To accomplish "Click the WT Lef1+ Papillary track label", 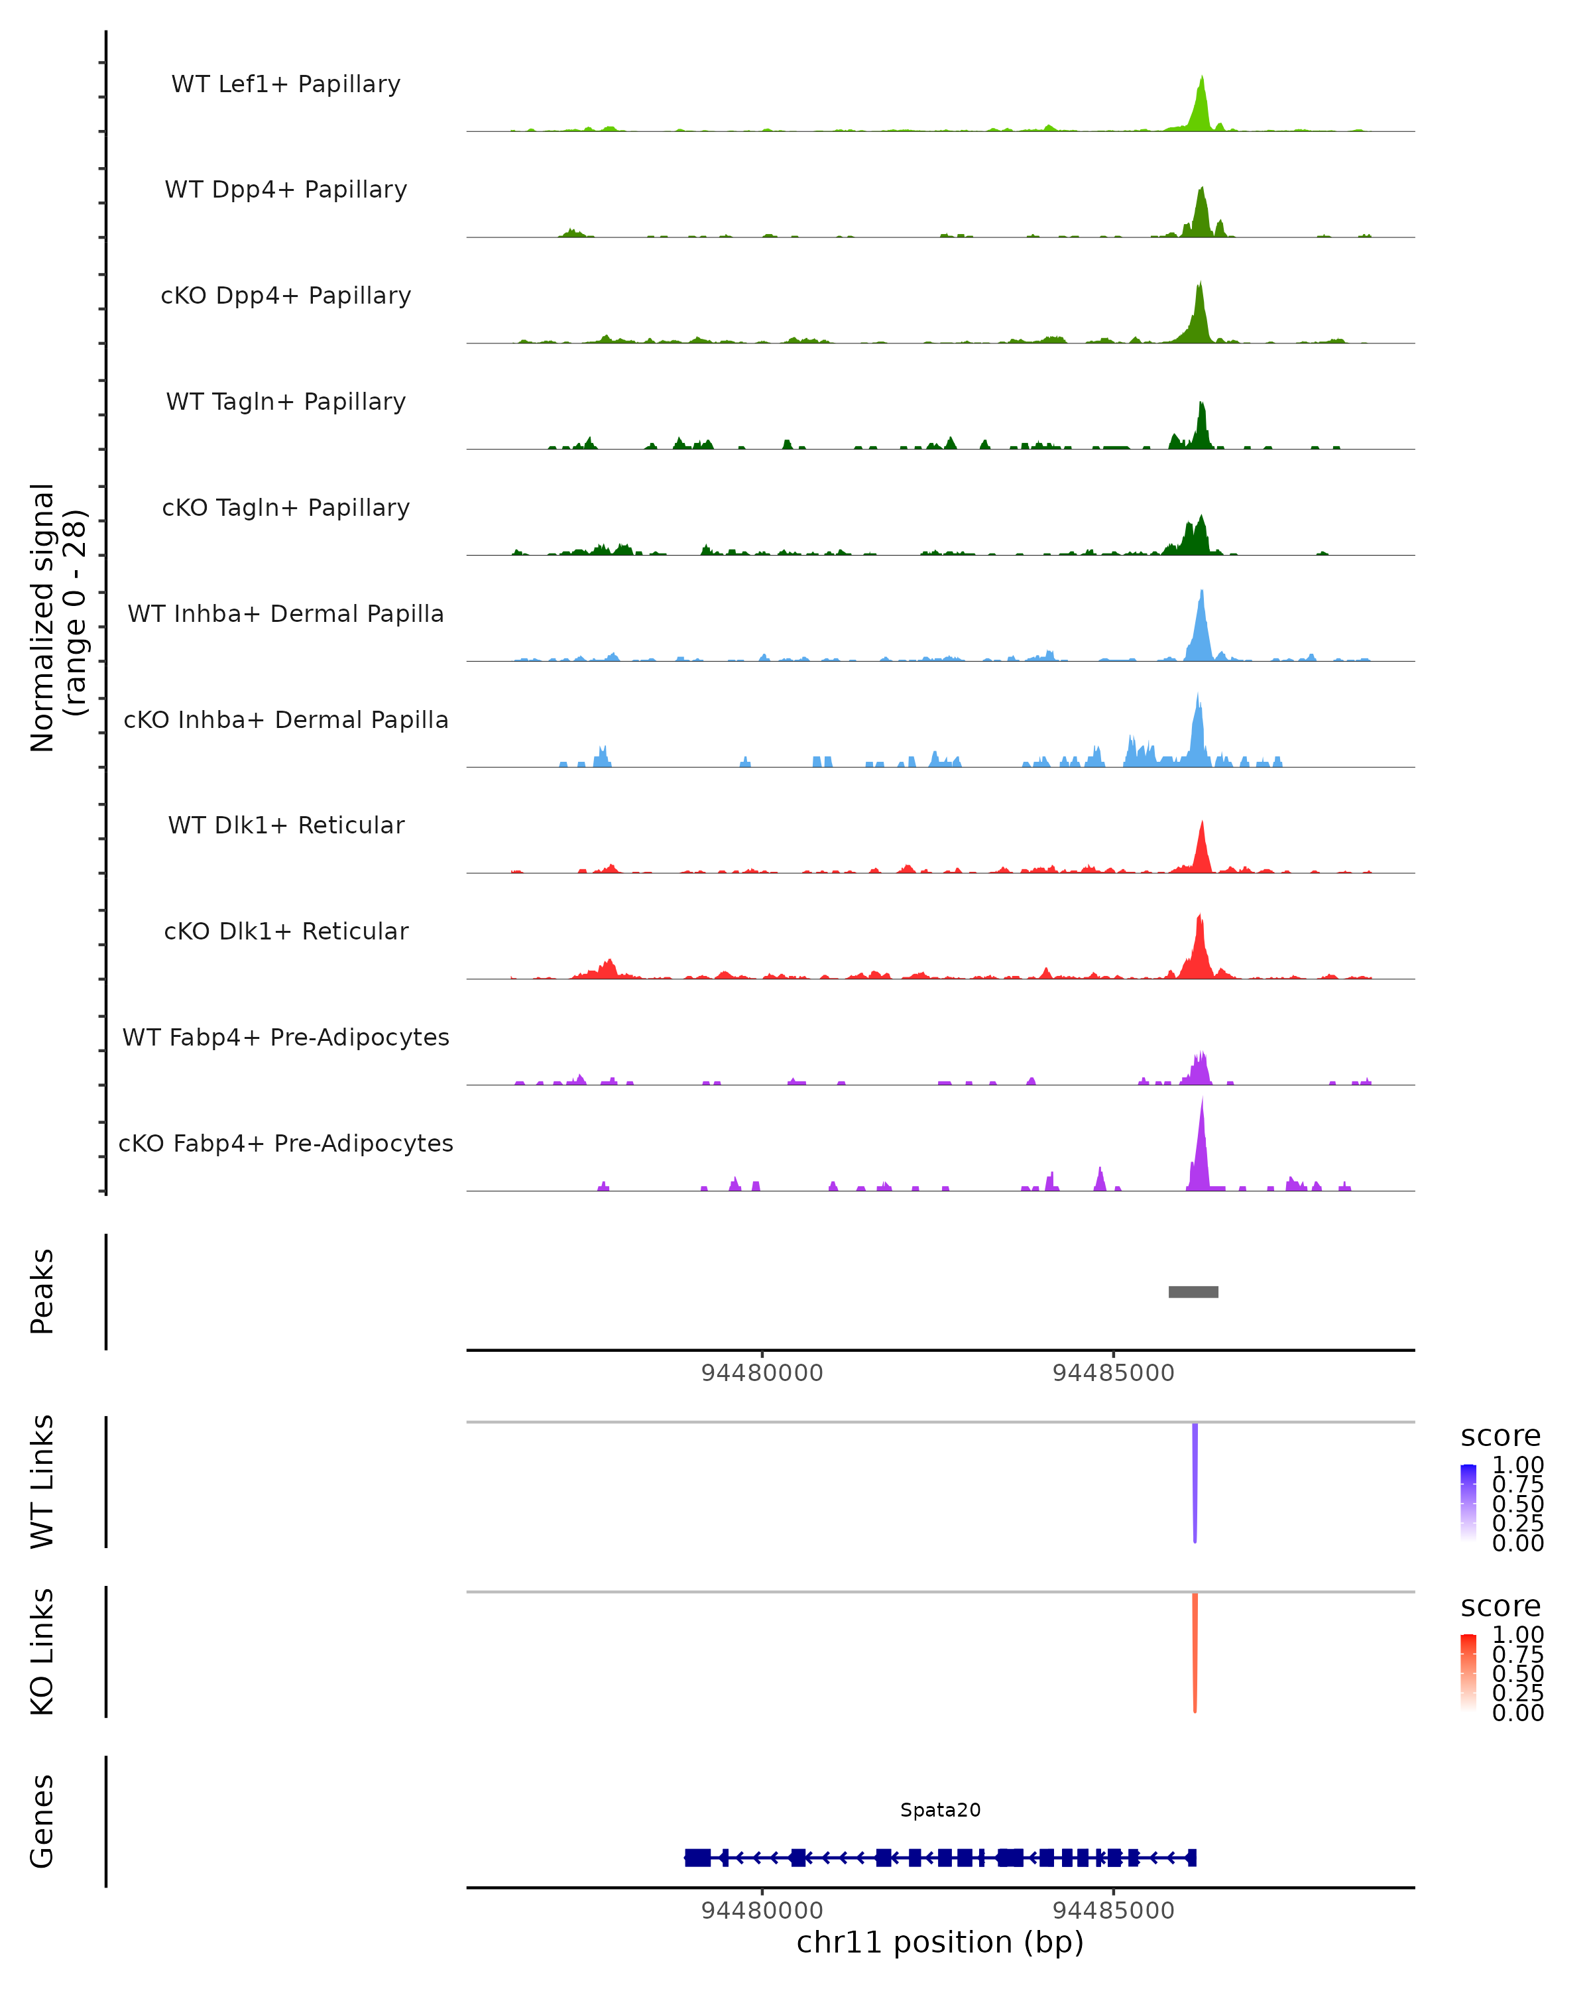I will coord(286,84).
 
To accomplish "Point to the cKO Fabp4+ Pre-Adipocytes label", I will coord(286,1143).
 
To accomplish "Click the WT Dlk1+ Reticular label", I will coord(286,825).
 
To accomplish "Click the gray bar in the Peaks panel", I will coord(1193,1292).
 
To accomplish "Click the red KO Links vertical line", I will coord(1195,1652).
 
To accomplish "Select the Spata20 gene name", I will coord(940,1810).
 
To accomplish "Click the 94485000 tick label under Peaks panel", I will coord(1113,1373).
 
